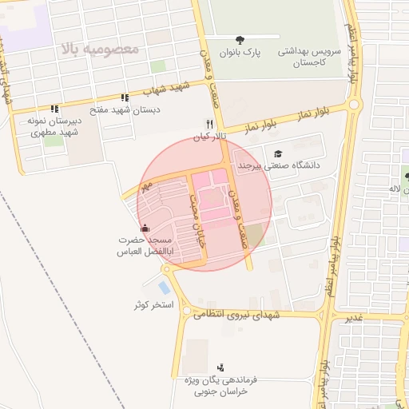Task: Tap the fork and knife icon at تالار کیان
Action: pos(208,125)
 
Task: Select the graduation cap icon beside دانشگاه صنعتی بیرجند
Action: pos(277,154)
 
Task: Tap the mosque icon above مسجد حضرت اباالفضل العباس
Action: pos(145,229)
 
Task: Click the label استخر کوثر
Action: pos(154,305)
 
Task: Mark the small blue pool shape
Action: pos(165,287)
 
